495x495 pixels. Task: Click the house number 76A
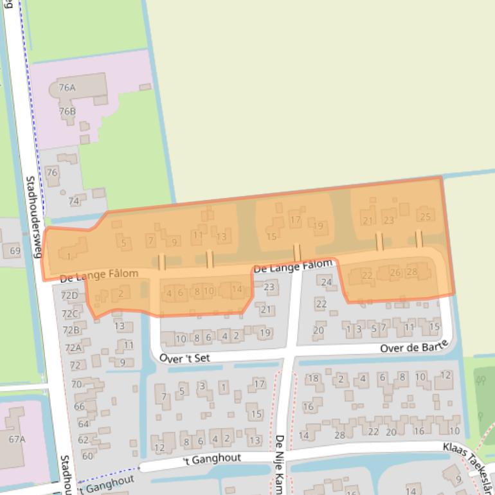click(x=67, y=87)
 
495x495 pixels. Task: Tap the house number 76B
click(x=67, y=111)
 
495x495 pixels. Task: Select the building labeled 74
click(x=74, y=201)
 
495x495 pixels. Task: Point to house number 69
click(x=15, y=251)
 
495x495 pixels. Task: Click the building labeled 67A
click(x=17, y=439)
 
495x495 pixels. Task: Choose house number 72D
click(x=69, y=296)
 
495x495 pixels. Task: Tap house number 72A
click(x=73, y=348)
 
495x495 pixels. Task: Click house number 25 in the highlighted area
click(x=425, y=217)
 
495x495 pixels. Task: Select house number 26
click(x=395, y=273)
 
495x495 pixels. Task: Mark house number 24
click(x=327, y=282)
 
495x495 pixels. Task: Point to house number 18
click(x=313, y=378)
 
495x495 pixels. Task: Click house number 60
click(x=87, y=456)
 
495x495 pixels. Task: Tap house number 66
click(x=79, y=406)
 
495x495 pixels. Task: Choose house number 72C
click(x=69, y=314)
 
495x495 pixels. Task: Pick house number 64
click(x=83, y=424)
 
